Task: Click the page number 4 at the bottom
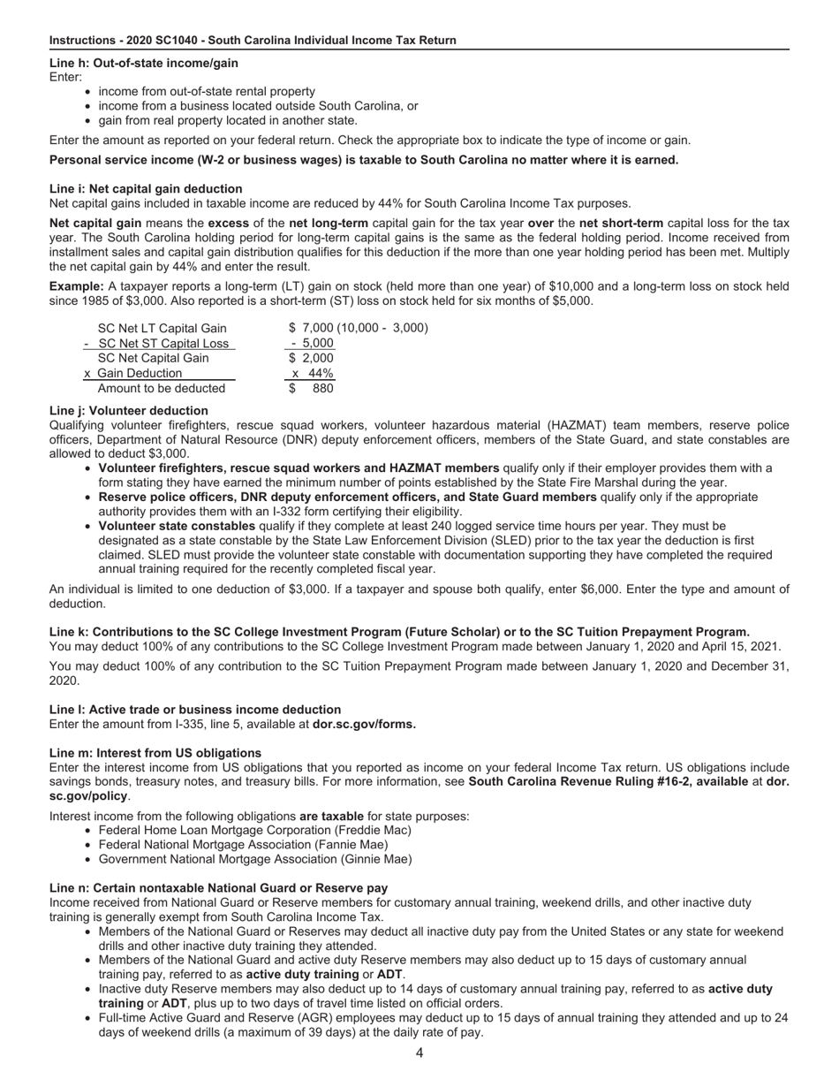tap(419, 1053)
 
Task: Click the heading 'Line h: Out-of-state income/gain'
tap(144, 63)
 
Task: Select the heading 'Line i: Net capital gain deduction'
tap(146, 188)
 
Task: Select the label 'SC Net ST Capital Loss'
tap(163, 343)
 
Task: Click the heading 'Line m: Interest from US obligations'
tap(150, 753)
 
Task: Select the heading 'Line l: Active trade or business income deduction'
tap(195, 709)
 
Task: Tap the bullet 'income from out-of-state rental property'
tap(207, 91)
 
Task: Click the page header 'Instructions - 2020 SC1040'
tap(253, 40)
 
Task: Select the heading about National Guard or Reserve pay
tap(218, 887)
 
